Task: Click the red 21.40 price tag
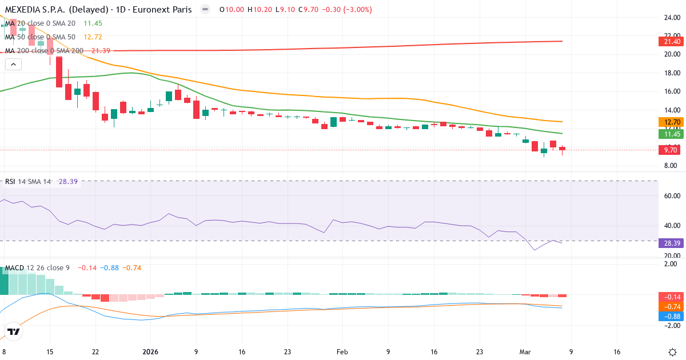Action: pyautogui.click(x=669, y=42)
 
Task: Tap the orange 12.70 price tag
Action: pyautogui.click(x=669, y=122)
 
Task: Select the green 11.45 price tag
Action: pyautogui.click(x=669, y=134)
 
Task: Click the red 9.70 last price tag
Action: pyautogui.click(x=669, y=150)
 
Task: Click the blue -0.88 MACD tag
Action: pyautogui.click(x=669, y=316)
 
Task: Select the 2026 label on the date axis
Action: pyautogui.click(x=150, y=352)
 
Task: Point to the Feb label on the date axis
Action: pyautogui.click(x=342, y=352)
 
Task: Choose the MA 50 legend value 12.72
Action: pyautogui.click(x=93, y=37)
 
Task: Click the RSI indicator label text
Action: pyautogui.click(x=10, y=182)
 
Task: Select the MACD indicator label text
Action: pyautogui.click(x=15, y=268)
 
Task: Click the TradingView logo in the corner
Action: pyautogui.click(x=14, y=331)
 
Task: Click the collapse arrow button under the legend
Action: pyautogui.click(x=13, y=64)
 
